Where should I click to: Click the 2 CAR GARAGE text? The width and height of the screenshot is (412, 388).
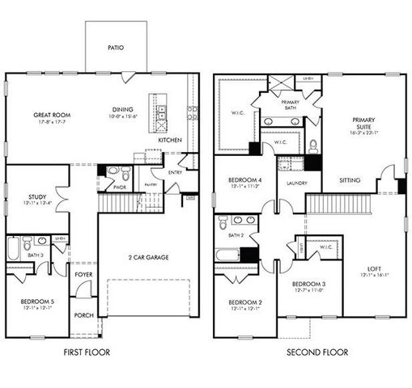[x=147, y=258]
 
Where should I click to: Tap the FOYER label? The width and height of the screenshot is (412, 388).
[x=83, y=274]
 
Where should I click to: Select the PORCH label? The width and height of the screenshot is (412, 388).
[x=83, y=314]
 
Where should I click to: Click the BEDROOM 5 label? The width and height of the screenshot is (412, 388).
[x=36, y=302]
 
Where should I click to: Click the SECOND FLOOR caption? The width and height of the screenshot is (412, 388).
[x=316, y=352]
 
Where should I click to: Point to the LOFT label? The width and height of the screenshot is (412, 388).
[x=374, y=268]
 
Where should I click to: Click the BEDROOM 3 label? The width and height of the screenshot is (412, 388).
[x=308, y=284]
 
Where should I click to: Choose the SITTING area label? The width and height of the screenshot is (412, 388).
[x=350, y=180]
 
